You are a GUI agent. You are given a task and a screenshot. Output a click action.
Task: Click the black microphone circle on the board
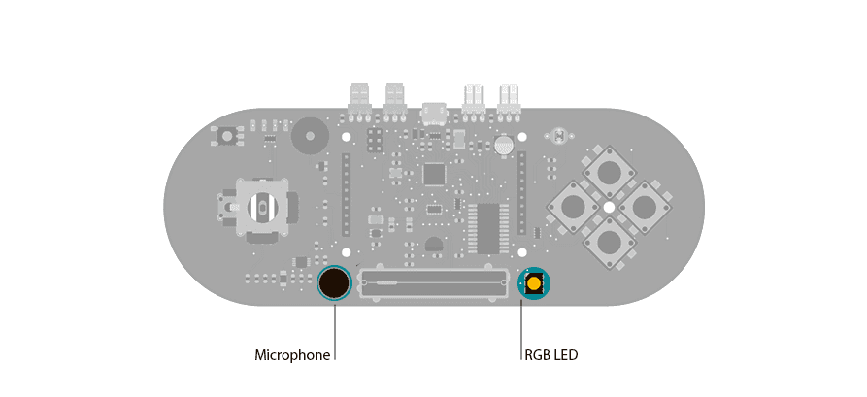tap(334, 283)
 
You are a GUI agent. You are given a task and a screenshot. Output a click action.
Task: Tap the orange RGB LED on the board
tap(533, 283)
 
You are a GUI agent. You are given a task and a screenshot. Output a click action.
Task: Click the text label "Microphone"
tap(292, 355)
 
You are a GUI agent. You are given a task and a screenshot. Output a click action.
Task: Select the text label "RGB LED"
tap(550, 355)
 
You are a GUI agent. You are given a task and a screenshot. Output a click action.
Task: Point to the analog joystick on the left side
tap(260, 207)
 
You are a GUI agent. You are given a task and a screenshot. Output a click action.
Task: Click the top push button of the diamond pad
tap(609, 173)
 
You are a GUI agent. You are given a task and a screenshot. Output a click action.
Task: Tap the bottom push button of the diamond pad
tap(609, 243)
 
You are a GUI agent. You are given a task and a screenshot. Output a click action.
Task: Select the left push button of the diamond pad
tap(573, 207)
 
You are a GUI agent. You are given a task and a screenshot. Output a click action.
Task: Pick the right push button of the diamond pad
tap(644, 207)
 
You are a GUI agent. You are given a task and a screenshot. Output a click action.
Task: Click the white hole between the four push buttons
tap(609, 208)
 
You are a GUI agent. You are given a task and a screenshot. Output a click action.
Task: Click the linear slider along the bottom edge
tap(433, 283)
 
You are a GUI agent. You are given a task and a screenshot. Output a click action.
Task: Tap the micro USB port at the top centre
tap(433, 114)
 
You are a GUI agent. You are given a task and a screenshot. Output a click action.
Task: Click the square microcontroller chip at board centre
tap(434, 175)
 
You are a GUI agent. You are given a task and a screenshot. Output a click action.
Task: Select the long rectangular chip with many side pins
tap(487, 227)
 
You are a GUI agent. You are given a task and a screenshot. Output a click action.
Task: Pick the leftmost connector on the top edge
tap(359, 98)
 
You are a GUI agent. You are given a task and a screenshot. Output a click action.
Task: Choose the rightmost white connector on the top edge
tap(509, 98)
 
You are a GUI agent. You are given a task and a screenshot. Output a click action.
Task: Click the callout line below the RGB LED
tap(521, 330)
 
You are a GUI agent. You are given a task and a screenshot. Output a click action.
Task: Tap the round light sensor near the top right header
tap(503, 146)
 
